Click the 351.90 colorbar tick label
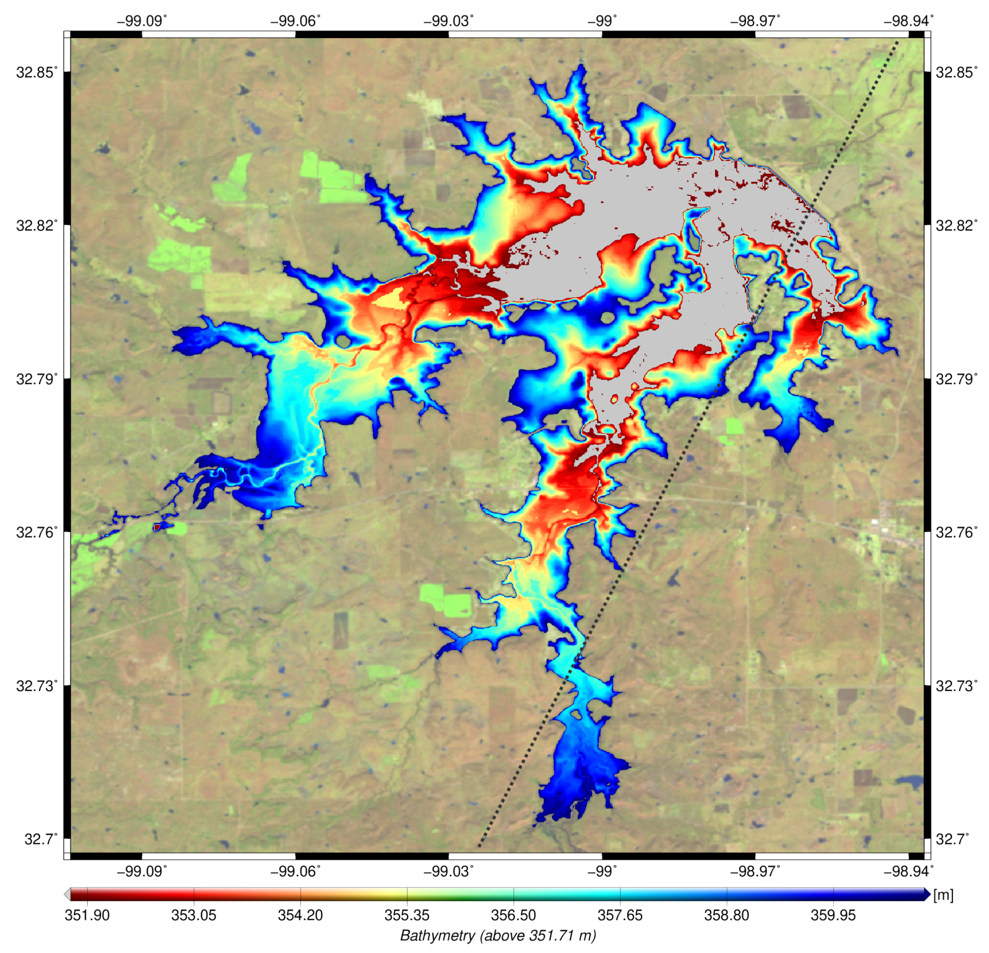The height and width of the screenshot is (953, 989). [x=87, y=915]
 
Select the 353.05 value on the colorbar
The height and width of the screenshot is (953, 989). [x=194, y=915]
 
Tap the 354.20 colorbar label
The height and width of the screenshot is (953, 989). [x=300, y=915]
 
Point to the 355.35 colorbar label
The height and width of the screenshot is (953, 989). [x=407, y=915]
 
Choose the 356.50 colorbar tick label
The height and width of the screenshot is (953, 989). [x=513, y=915]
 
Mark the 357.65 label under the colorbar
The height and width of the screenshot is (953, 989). [x=620, y=915]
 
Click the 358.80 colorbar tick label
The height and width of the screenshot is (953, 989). [x=726, y=915]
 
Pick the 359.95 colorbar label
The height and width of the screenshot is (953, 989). [x=833, y=915]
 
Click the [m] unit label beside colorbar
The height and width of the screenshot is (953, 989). [x=943, y=895]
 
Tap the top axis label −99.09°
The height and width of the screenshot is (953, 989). [x=142, y=21]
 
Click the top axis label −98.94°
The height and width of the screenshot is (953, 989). [x=908, y=21]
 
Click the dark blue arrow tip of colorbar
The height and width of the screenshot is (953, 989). [x=927, y=895]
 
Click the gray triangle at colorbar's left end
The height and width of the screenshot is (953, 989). [x=67, y=895]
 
